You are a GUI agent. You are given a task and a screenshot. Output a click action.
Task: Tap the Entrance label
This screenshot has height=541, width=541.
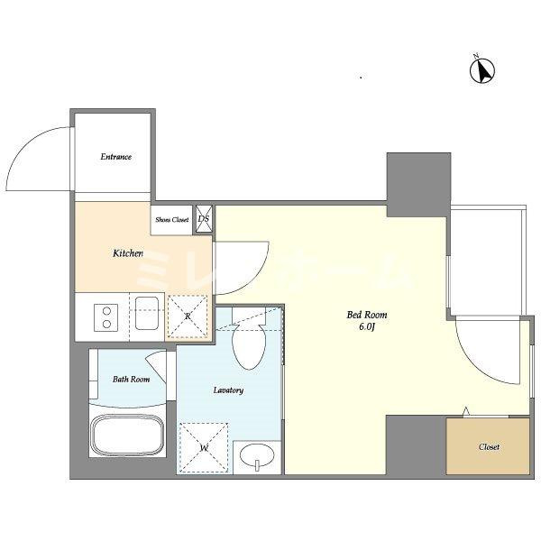tap(116, 157)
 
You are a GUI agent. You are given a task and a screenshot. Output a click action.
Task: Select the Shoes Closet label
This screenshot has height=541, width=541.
tap(172, 219)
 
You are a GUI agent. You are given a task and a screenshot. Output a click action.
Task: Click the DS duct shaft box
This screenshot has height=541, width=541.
tap(204, 219)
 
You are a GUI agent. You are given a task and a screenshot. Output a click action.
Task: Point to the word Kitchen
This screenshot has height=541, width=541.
tap(128, 253)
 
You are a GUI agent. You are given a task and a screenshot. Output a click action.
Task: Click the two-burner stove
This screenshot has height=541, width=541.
tap(106, 317)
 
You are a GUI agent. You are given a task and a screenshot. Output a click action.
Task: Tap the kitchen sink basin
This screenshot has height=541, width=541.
tap(147, 313)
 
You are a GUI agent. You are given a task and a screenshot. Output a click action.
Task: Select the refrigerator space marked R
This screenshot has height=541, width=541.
tap(188, 316)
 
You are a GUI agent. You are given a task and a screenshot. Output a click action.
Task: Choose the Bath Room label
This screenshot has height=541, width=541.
tap(131, 380)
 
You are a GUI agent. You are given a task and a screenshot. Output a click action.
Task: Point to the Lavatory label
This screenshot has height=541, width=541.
tap(228, 390)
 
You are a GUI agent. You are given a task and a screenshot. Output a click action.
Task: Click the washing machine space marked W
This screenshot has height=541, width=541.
tap(204, 447)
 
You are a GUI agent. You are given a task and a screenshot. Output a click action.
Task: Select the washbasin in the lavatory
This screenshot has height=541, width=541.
tap(257, 456)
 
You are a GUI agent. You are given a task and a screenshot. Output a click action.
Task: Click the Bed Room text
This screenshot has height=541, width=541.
tap(367, 315)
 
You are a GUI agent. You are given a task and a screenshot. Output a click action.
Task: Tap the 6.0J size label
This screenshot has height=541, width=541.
tap(367, 327)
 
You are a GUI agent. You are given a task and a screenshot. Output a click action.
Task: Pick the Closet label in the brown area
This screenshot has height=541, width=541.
tap(489, 447)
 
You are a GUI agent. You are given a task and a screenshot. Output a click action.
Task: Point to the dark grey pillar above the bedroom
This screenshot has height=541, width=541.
tap(418, 185)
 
